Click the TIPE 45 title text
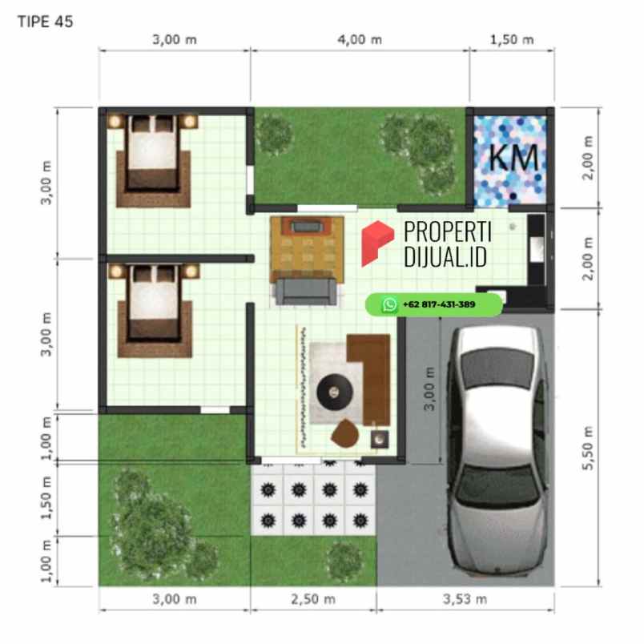[x=45, y=22]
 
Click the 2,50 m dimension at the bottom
[x=315, y=598]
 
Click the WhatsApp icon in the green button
[x=390, y=304]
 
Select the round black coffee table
[x=332, y=392]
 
